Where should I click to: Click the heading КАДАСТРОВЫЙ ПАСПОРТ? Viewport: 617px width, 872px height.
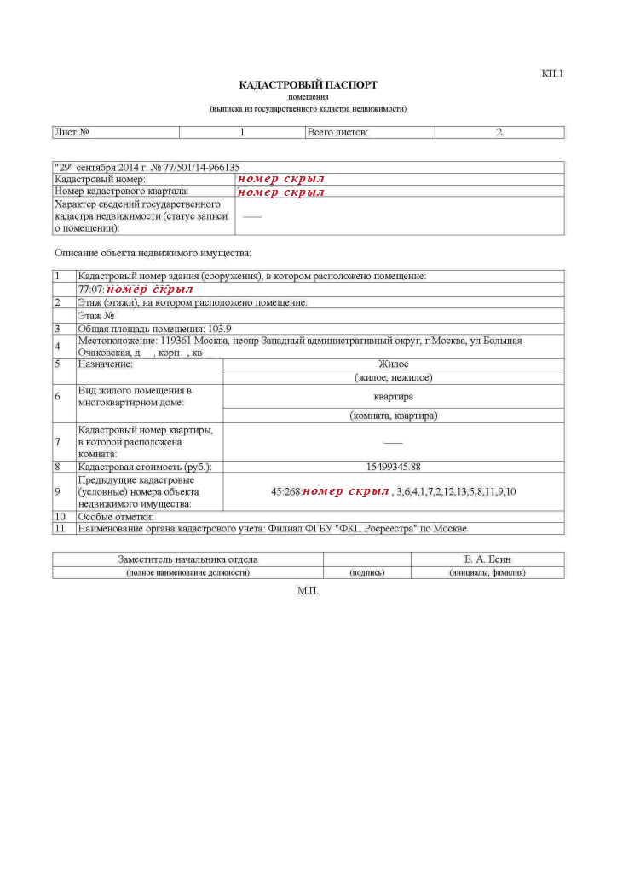(x=308, y=85)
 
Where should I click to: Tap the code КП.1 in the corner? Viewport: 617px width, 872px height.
(x=552, y=73)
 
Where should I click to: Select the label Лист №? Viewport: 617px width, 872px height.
(x=72, y=133)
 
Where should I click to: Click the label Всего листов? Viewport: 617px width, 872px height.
(x=337, y=133)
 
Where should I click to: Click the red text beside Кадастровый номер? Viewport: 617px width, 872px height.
(x=281, y=180)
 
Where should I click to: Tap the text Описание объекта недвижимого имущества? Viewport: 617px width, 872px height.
(x=153, y=253)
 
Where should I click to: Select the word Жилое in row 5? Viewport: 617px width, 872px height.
(x=394, y=364)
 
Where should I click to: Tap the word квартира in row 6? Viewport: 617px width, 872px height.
(x=394, y=397)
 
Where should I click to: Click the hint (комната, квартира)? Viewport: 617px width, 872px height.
(x=394, y=416)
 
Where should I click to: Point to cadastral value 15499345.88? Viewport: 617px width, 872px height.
(x=393, y=467)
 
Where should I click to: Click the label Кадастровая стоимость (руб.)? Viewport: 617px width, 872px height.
(x=144, y=467)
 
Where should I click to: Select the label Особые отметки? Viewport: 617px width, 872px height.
(x=116, y=517)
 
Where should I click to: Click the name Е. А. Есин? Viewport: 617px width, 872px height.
(x=487, y=559)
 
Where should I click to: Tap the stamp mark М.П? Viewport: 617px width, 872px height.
(x=308, y=590)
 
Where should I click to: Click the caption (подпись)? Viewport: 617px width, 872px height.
(x=367, y=573)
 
